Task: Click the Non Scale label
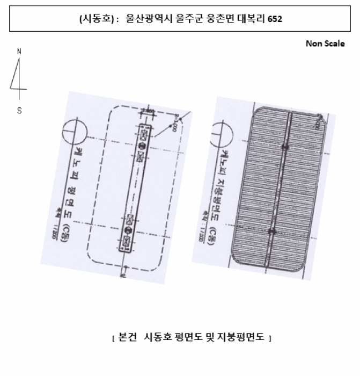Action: coord(325,44)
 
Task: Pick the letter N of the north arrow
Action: coord(19,52)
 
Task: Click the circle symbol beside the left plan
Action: coord(74,131)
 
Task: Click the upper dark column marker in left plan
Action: coord(142,146)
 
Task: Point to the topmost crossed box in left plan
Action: coord(144,131)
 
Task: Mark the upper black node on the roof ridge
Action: coord(285,146)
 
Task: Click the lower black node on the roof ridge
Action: coord(272,232)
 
